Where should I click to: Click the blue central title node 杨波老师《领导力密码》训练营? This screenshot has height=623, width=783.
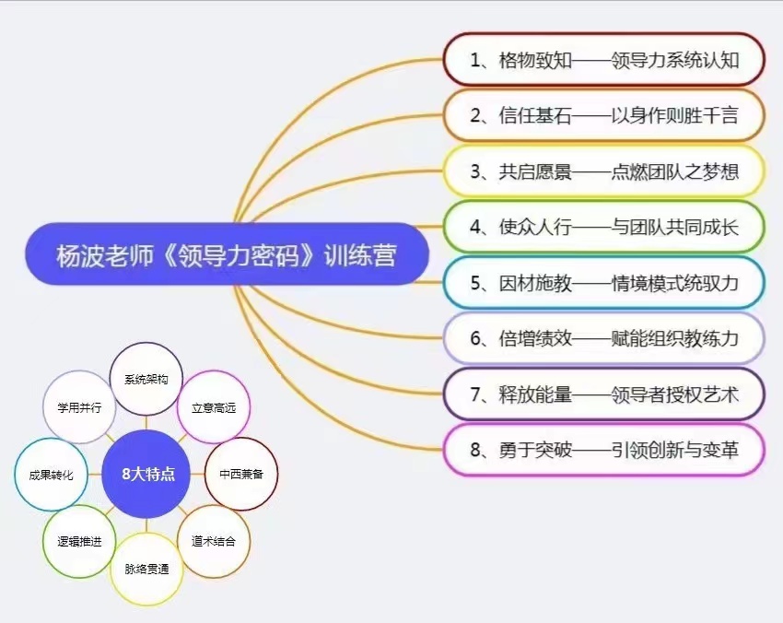coord(228,253)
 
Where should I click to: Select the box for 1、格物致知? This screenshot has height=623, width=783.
coord(604,60)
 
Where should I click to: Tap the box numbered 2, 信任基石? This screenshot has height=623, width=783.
coord(604,115)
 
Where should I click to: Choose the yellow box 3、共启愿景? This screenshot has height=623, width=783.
coord(604,171)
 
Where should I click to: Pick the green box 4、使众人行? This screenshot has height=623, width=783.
coord(604,227)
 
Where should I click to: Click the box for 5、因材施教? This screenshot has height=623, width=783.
coord(604,283)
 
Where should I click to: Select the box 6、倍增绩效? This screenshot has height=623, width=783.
coord(604,338)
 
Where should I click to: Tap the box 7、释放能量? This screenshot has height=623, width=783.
coord(604,394)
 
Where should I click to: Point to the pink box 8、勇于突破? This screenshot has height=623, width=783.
coord(604,450)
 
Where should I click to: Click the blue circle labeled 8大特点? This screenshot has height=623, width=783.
coord(146,474)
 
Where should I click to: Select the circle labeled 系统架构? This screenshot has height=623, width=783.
coord(146,379)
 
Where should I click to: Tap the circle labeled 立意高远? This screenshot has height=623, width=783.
coord(213,407)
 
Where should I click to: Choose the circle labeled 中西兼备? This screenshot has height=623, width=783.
coord(241,474)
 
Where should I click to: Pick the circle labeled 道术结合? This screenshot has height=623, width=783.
coord(213,541)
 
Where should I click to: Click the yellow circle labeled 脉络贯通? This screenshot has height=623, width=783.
coord(146,569)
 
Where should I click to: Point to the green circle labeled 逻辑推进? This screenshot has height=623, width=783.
coord(79,541)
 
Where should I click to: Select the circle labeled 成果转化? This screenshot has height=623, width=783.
coord(51,475)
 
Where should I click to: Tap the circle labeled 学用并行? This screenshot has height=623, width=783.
coord(79,407)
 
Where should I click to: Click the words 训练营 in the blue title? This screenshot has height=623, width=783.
coord(360,254)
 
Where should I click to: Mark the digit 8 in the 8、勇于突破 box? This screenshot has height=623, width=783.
coord(475,450)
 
